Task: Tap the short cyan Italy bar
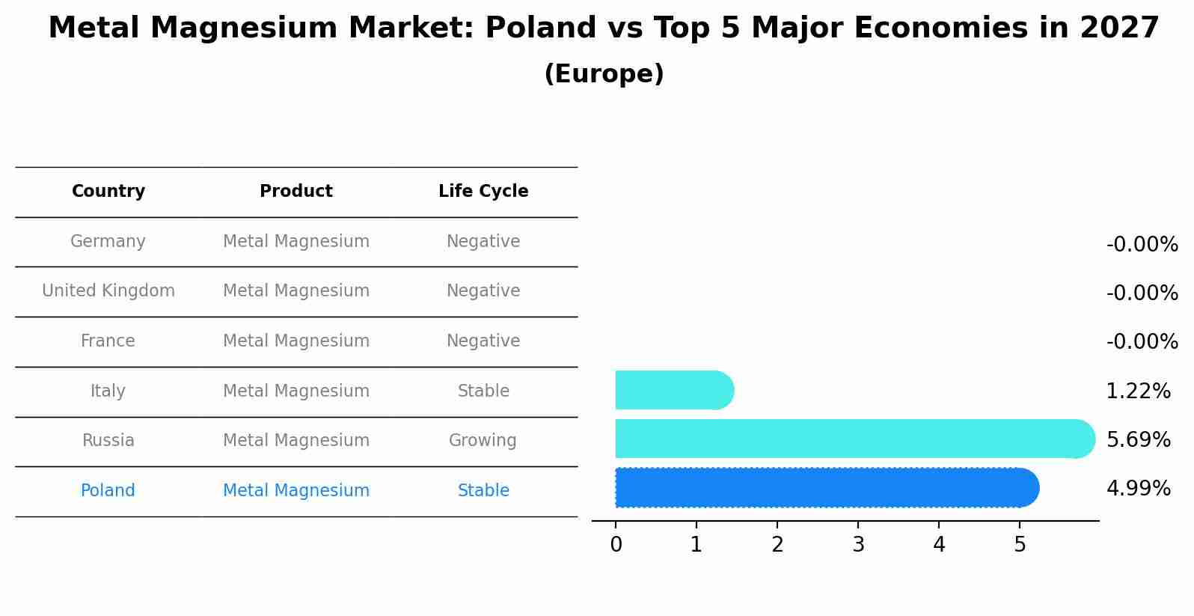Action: click(673, 390)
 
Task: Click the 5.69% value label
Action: click(1138, 439)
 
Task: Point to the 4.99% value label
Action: click(1138, 489)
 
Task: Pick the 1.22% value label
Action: click(1138, 391)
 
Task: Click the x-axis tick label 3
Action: click(858, 545)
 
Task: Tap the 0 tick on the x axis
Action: click(616, 545)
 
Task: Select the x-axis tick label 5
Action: click(1020, 545)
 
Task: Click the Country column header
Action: click(108, 192)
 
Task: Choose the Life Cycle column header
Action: click(483, 192)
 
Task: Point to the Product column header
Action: click(296, 192)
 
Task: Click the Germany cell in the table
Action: click(108, 242)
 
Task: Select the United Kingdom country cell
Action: click(108, 291)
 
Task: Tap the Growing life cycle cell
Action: click(483, 441)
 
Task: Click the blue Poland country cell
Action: click(108, 491)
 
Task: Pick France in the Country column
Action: click(108, 341)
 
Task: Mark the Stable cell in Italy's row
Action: click(483, 391)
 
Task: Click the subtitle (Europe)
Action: click(604, 74)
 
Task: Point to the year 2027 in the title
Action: click(1119, 28)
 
